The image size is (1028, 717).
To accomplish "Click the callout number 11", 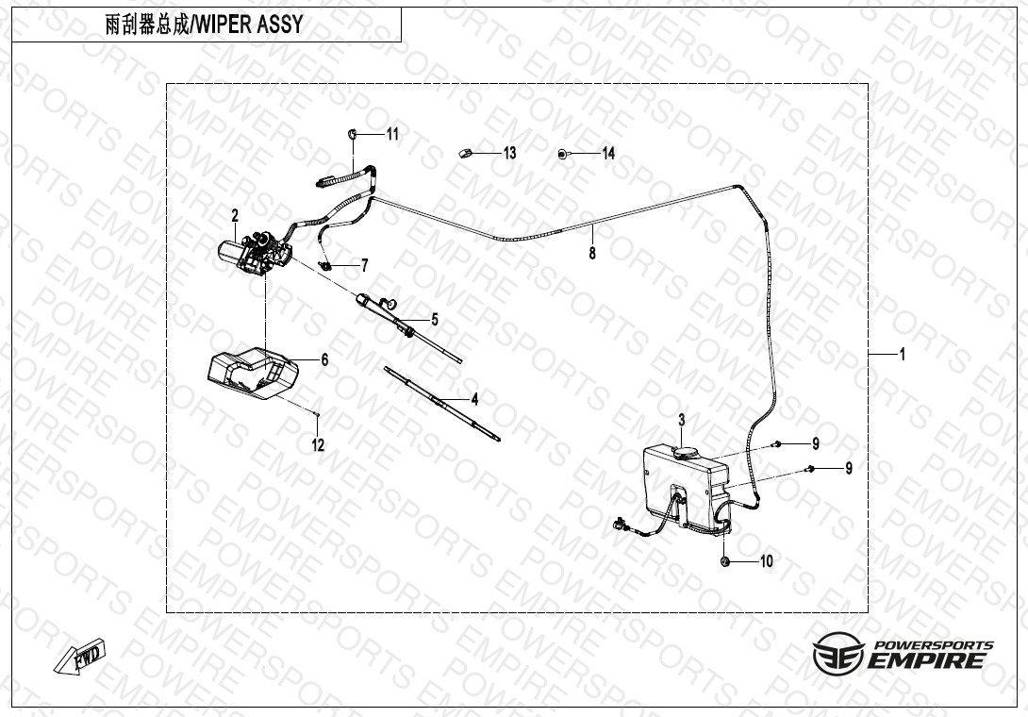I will click(392, 134).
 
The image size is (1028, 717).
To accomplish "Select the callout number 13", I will click(509, 153).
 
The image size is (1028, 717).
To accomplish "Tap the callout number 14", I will click(608, 153).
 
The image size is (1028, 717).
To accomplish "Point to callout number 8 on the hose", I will click(592, 253).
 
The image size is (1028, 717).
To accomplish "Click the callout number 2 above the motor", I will click(235, 216).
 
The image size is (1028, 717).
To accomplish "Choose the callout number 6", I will click(323, 359).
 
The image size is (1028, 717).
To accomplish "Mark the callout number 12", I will click(319, 445).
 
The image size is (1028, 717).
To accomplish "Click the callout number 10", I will click(766, 561).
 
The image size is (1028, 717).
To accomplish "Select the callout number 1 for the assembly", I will click(902, 355).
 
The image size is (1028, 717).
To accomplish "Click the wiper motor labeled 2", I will click(253, 252).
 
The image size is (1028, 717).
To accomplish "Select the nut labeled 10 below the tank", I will click(724, 561).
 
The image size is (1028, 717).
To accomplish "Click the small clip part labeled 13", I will click(466, 152).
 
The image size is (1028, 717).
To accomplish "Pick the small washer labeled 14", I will click(562, 153).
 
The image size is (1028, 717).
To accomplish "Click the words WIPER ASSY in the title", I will click(249, 25).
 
